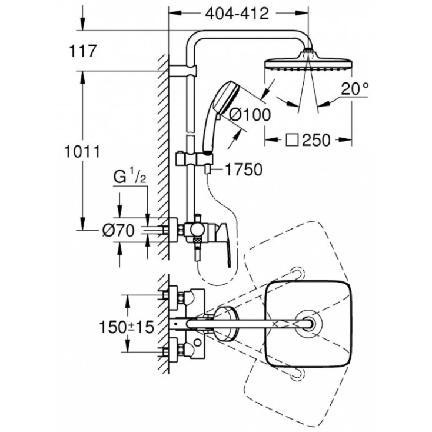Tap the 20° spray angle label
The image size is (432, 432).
click(x=355, y=90)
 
